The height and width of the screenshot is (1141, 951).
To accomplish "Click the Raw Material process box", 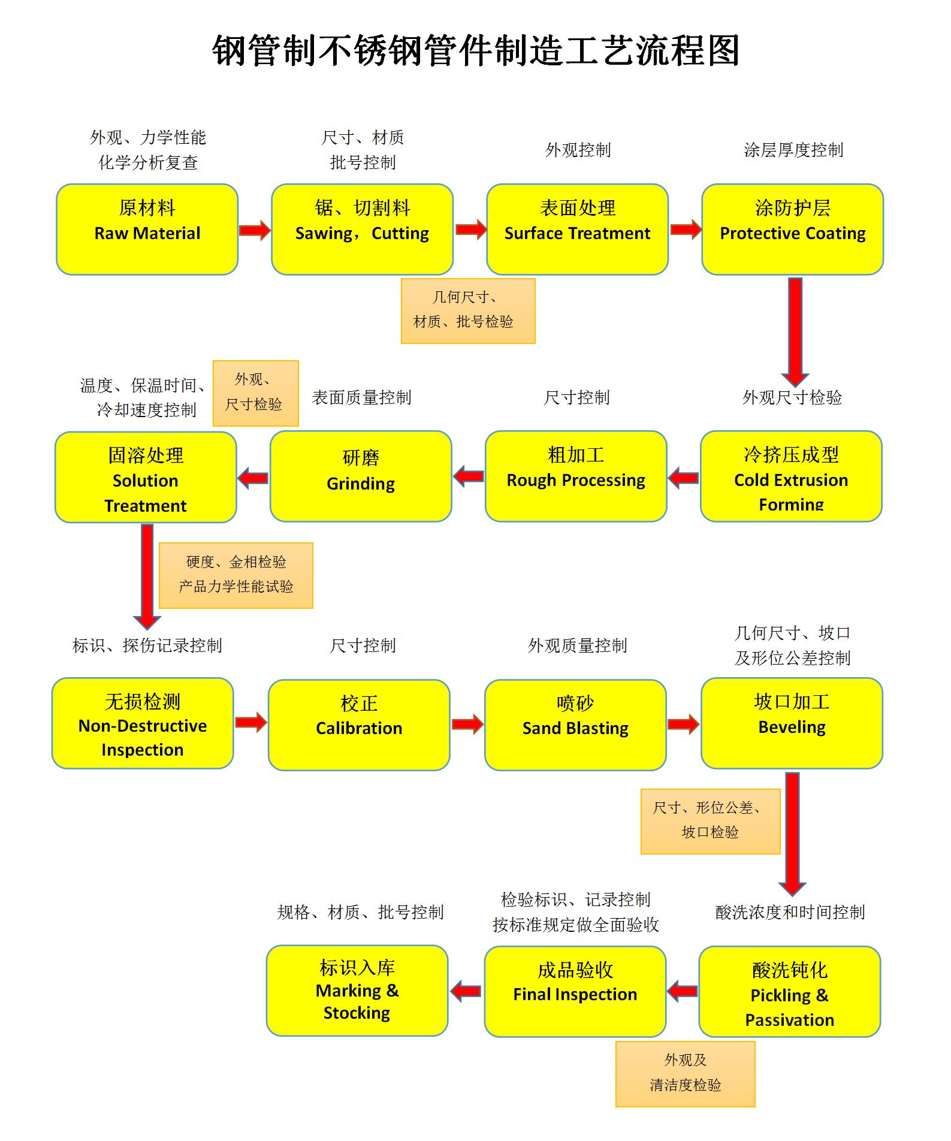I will (x=147, y=229).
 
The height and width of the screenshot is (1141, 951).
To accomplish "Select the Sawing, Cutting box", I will (x=362, y=229).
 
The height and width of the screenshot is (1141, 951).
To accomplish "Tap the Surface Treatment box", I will (x=577, y=229).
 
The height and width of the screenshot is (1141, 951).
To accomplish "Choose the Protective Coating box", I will (x=792, y=229).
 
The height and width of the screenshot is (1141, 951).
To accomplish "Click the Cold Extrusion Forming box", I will (x=791, y=476).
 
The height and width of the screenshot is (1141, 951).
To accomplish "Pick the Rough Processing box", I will (x=576, y=476).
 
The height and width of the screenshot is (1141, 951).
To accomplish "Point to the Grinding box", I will (x=361, y=476).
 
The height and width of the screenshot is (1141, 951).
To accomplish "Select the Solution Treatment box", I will (x=146, y=477).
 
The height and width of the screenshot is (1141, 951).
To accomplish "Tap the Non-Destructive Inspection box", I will (x=143, y=723).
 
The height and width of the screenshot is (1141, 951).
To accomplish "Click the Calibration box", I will (x=359, y=725).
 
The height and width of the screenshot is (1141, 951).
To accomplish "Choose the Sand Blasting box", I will (x=575, y=725).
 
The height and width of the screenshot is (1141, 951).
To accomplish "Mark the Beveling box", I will (x=792, y=723).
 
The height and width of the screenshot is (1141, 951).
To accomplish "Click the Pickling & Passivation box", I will (x=790, y=991).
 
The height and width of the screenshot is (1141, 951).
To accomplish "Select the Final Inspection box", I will (x=575, y=991).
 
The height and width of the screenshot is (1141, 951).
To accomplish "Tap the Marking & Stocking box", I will (x=357, y=991).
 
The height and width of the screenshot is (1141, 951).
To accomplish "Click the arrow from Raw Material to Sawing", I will (x=255, y=230).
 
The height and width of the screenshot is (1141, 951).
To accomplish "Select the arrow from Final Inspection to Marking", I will (x=466, y=991).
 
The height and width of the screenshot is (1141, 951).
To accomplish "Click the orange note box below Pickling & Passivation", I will (x=685, y=1074).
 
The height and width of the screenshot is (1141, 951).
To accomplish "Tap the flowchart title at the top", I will (x=476, y=50).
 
